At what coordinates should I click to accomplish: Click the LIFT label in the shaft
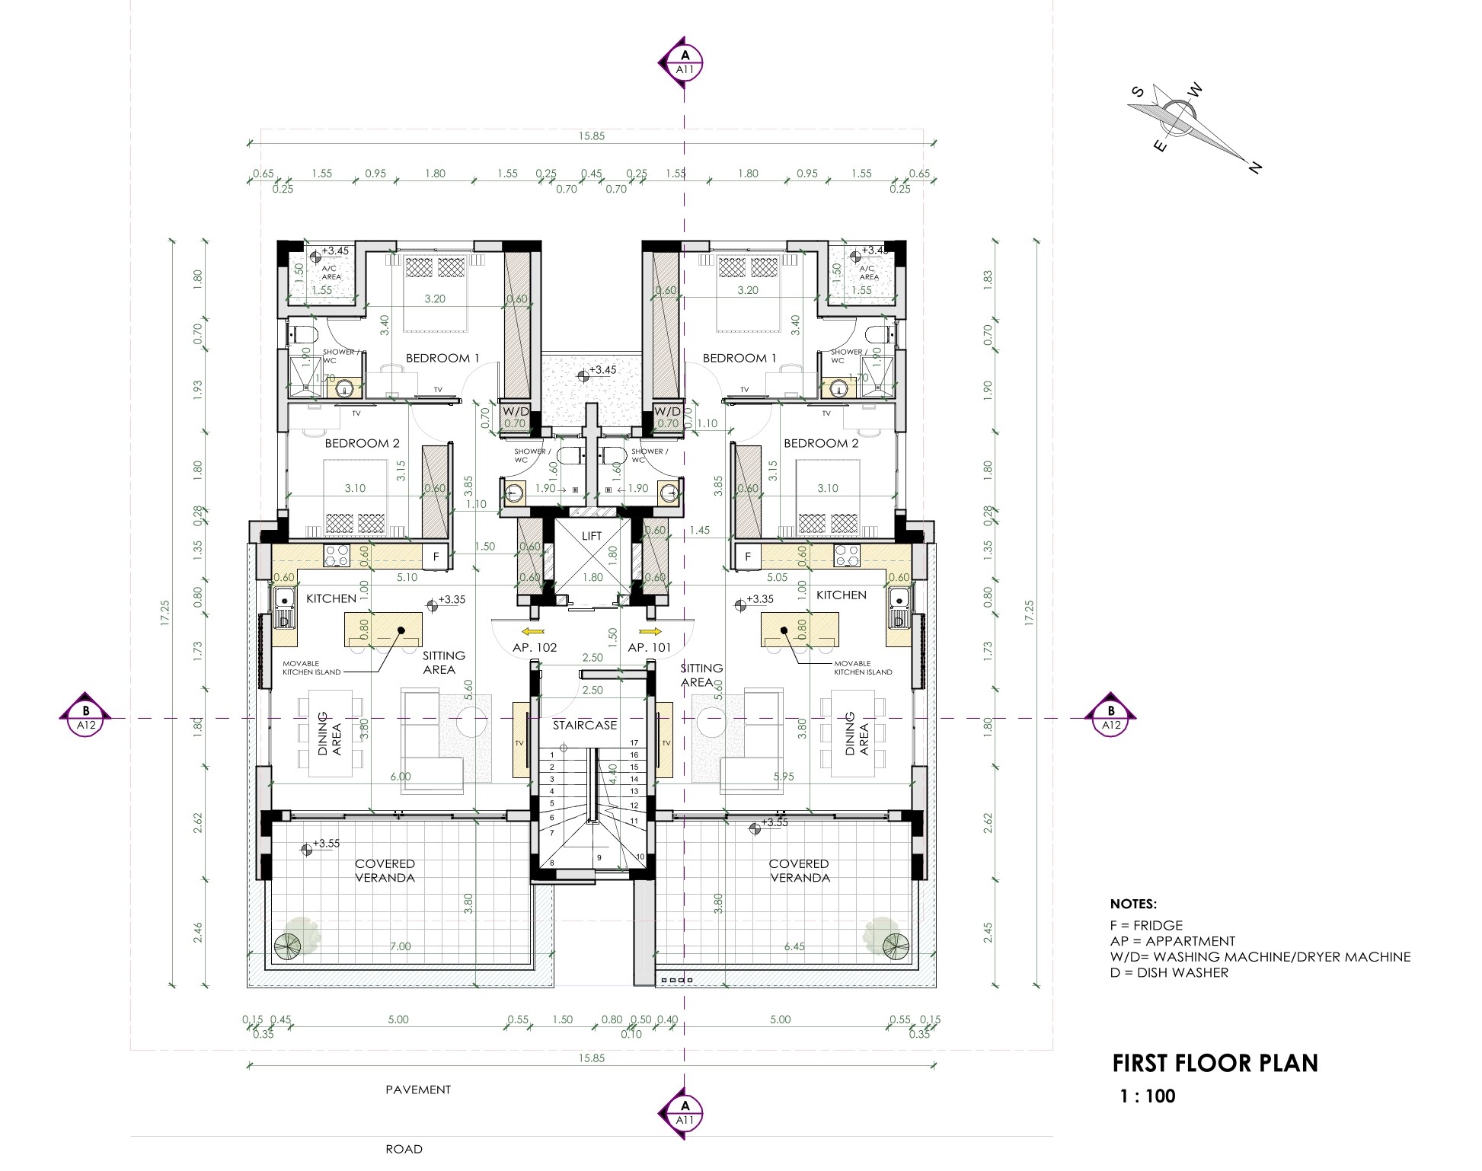(592, 536)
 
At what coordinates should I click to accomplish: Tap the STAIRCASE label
(585, 726)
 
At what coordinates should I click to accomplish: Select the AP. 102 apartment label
(535, 648)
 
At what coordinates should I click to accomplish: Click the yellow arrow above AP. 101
(650, 631)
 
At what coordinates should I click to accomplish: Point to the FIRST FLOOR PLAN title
(1215, 1064)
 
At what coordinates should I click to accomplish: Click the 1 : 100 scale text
(1147, 1096)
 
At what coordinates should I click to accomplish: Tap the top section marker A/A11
(685, 62)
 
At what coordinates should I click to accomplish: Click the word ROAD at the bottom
(404, 1149)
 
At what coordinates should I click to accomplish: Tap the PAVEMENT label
(417, 1090)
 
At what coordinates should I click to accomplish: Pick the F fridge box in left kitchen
(436, 557)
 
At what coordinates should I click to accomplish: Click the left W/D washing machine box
(516, 412)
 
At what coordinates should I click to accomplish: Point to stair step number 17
(634, 743)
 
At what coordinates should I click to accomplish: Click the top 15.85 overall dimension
(591, 136)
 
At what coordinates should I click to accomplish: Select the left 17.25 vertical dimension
(165, 614)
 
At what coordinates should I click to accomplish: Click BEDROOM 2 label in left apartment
(362, 443)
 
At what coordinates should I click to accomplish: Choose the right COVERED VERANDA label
(799, 870)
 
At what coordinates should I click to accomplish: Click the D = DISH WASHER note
(1169, 972)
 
